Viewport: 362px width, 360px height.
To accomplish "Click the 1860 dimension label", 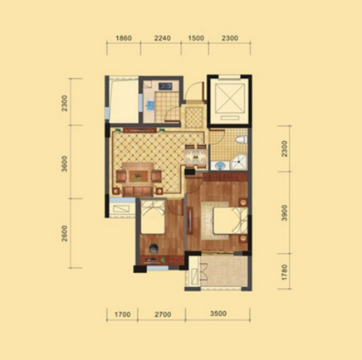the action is pyautogui.click(x=124, y=38).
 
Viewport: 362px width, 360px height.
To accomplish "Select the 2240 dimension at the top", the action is pyautogui.click(x=163, y=38).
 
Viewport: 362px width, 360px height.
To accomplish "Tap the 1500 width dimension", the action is pyautogui.click(x=196, y=38).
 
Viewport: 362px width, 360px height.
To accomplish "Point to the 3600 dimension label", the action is pyautogui.click(x=65, y=163).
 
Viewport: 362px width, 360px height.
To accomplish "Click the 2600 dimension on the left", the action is pyautogui.click(x=65, y=233).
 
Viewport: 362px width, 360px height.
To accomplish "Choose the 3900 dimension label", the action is pyautogui.click(x=284, y=212).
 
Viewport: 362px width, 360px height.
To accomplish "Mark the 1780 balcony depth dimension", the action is pyautogui.click(x=284, y=272).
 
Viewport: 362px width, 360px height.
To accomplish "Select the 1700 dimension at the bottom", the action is pyautogui.click(x=122, y=314).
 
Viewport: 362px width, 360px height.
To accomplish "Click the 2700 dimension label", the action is pyautogui.click(x=163, y=314).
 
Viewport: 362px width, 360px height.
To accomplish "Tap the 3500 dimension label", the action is pyautogui.click(x=218, y=314).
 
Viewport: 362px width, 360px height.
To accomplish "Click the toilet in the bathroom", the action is pyautogui.click(x=241, y=139).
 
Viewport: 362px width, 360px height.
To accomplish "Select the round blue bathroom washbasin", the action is pyautogui.click(x=220, y=166).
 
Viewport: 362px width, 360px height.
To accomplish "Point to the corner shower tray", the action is pyautogui.click(x=238, y=162).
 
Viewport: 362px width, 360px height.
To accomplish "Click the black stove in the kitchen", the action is pyautogui.click(x=165, y=86).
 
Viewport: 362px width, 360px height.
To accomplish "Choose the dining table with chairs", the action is pyautogui.click(x=196, y=157).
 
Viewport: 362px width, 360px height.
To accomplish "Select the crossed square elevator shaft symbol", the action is pyautogui.click(x=230, y=98).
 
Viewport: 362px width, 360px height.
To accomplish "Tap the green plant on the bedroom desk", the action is pyautogui.click(x=163, y=260).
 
